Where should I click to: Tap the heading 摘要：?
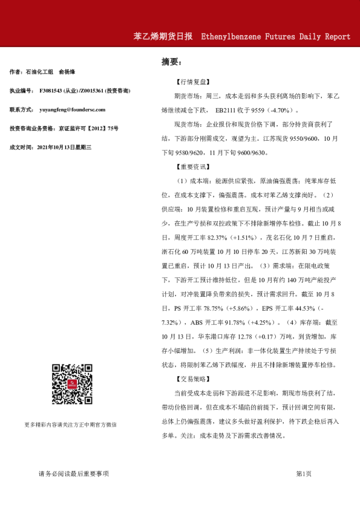click(171, 62)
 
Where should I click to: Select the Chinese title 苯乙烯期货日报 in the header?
click(163, 37)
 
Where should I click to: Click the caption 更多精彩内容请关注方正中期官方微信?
click(71, 424)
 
